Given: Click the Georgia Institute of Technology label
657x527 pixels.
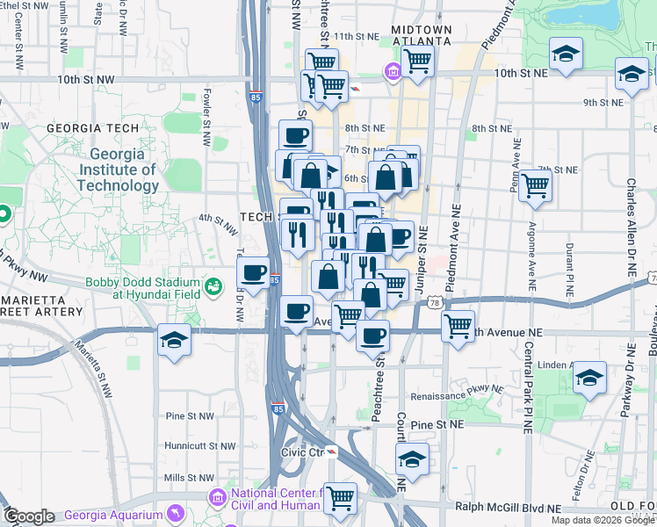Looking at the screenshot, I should pos(118,170).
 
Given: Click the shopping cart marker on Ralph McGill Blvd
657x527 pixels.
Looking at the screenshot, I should pos(340,497).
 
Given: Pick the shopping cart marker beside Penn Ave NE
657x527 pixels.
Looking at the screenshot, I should pos(535,185).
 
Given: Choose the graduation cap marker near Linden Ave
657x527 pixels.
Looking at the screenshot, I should pos(589,378).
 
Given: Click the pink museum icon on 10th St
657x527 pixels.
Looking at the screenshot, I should pos(393,71).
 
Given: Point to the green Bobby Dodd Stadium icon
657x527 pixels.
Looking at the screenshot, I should pos(212,285).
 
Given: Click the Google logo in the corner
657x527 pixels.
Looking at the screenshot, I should pos(28,516).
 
